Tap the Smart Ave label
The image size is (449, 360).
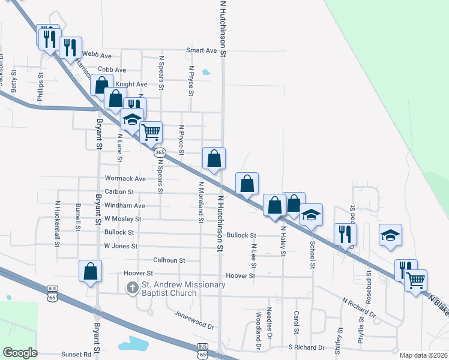[201, 50]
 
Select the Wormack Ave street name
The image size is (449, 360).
[125, 179]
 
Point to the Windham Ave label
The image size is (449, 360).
[124, 205]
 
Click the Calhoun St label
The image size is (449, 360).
[169, 260]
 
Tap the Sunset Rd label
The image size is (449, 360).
[83, 354]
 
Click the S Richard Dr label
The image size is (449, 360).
[306, 347]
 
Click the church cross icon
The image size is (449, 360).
[132, 289]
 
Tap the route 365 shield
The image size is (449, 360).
[160, 153]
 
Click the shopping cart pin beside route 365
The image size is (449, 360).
[151, 131]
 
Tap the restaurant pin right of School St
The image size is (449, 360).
[345, 233]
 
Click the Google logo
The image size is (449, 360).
[20, 353]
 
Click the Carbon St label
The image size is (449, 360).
[118, 192]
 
